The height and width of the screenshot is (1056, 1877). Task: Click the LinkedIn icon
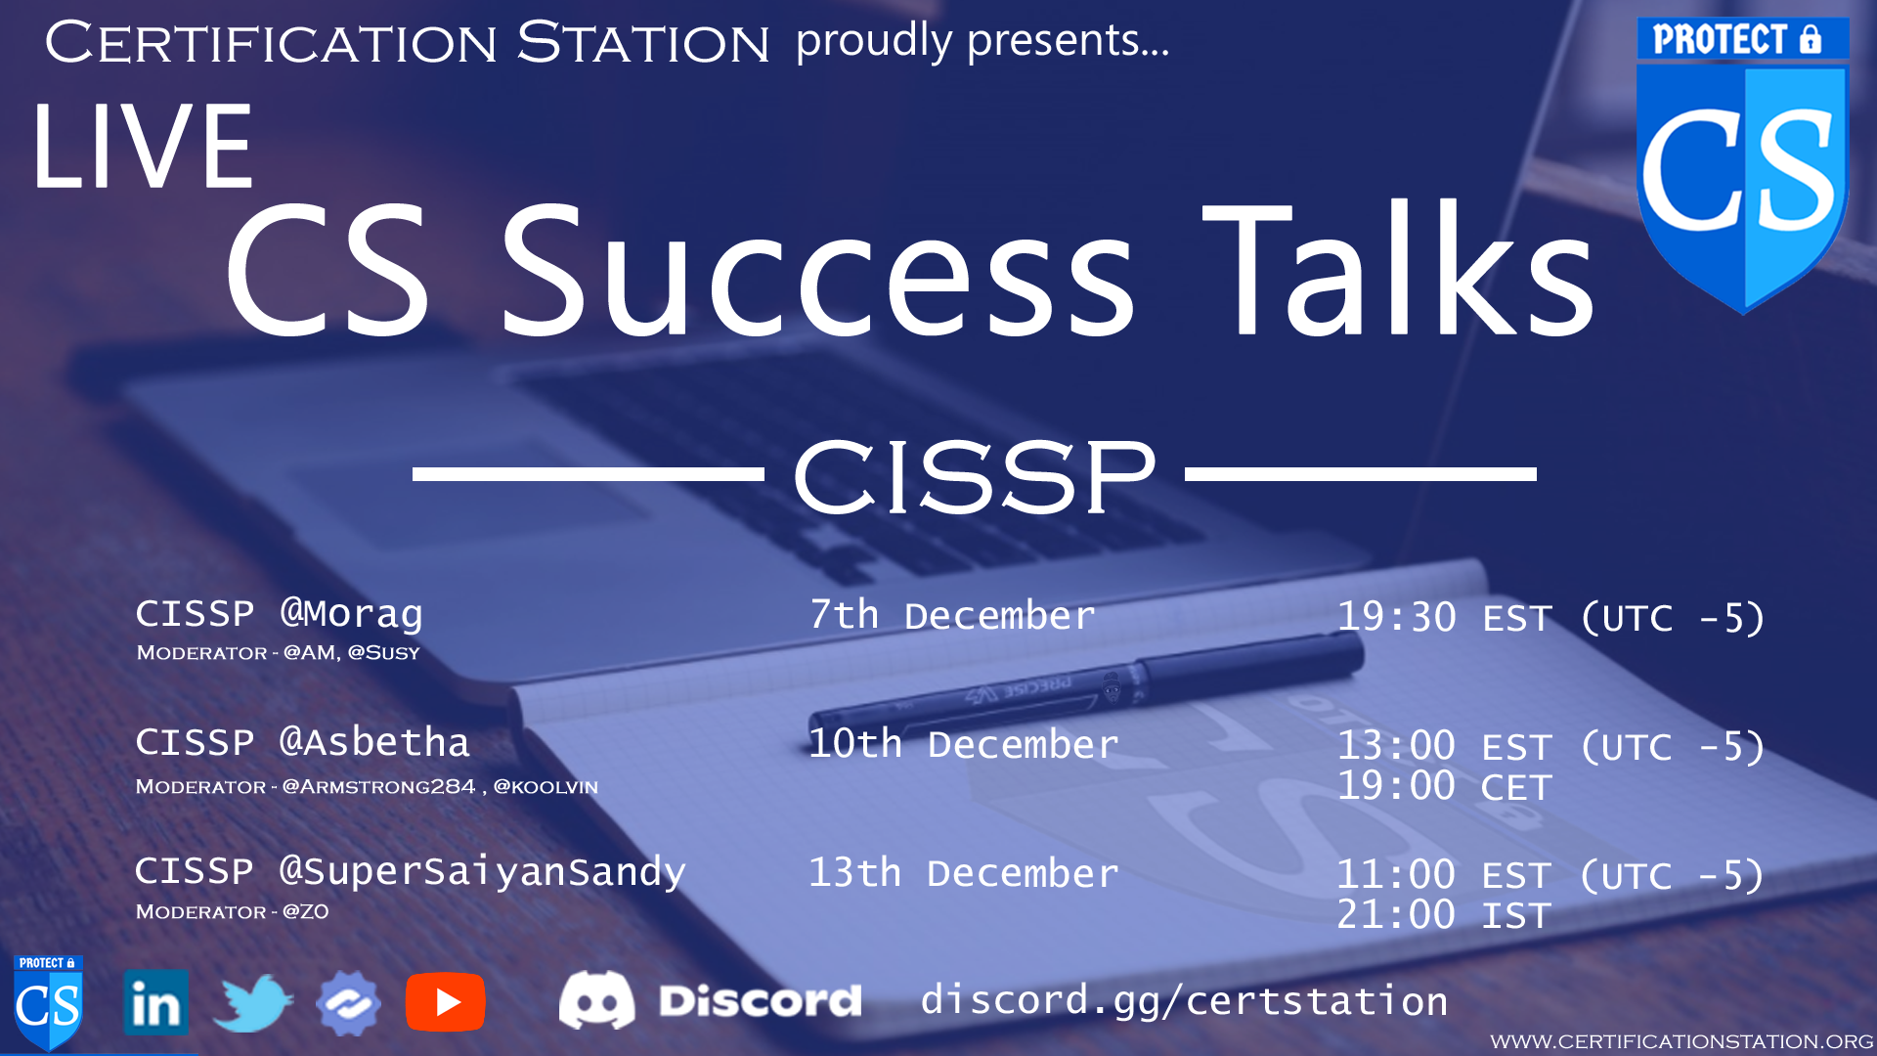point(156,1003)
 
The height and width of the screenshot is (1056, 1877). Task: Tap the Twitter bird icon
point(252,1003)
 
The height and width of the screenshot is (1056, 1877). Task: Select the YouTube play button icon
point(446,1003)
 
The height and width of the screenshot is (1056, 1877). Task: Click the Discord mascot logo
point(596,1000)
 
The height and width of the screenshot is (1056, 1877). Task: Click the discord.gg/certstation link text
point(1184,1001)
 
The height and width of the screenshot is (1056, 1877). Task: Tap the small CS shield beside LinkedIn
point(48,1003)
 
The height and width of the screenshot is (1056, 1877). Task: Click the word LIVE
point(144,148)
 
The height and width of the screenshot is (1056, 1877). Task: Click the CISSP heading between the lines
point(974,476)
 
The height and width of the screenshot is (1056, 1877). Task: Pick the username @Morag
point(352,614)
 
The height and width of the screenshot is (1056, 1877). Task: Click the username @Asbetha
point(374,743)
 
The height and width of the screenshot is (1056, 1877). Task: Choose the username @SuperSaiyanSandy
point(483,872)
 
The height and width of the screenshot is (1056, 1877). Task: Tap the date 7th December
point(952,616)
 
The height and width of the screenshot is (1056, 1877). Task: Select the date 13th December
point(963,873)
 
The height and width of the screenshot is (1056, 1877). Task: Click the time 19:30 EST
point(1445,618)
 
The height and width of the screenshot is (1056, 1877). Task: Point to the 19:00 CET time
point(1444,787)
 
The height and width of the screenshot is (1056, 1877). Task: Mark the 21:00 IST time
point(1444,916)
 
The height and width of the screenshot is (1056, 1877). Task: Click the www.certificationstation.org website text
point(1681,1042)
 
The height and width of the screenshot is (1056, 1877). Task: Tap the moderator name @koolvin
point(546,787)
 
